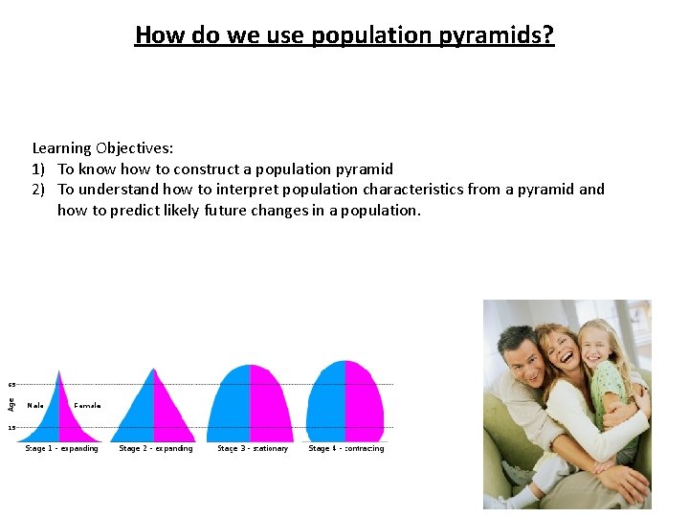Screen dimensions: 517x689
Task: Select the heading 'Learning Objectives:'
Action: (x=102, y=147)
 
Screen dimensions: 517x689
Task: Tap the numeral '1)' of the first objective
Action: (x=39, y=169)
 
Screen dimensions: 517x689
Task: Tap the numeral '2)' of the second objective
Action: (x=39, y=190)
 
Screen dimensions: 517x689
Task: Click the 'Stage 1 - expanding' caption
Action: (x=61, y=448)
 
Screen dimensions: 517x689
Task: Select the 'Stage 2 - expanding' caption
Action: (x=156, y=448)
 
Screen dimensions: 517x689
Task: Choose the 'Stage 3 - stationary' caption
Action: (x=253, y=448)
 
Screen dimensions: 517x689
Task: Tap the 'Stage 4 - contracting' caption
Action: (x=346, y=448)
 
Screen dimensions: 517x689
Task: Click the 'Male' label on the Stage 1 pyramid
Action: (x=35, y=405)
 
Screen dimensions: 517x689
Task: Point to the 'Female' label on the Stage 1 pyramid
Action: (x=87, y=405)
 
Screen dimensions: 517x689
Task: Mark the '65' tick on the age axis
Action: (x=12, y=384)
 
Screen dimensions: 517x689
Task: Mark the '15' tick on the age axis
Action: (x=12, y=427)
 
